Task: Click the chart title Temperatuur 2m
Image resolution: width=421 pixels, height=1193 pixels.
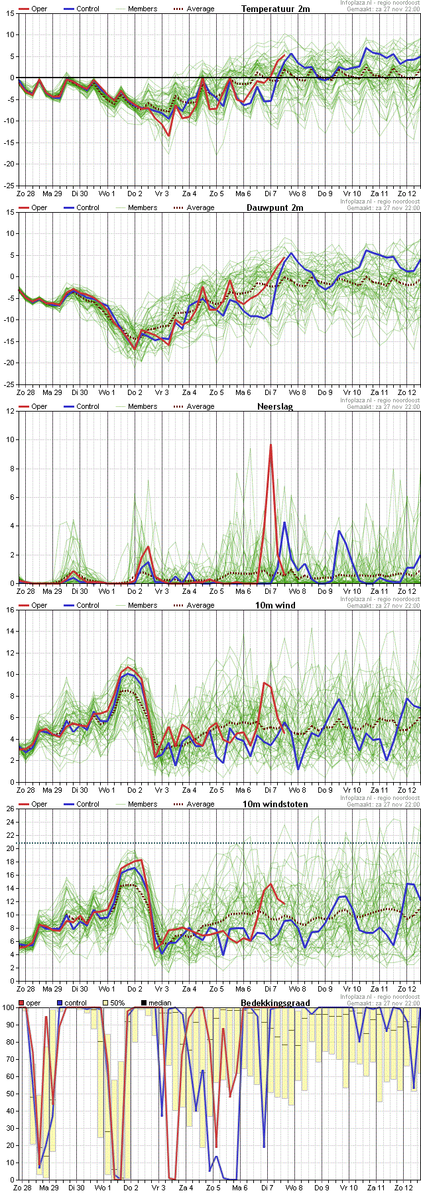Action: point(275,9)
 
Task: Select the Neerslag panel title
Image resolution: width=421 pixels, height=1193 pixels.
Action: point(275,406)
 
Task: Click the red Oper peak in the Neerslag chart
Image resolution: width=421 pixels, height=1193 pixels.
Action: point(271,445)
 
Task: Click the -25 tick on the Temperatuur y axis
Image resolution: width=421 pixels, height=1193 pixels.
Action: point(9,186)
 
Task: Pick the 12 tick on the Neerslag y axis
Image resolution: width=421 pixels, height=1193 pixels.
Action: point(10,411)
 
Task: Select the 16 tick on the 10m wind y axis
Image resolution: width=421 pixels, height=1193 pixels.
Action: point(10,610)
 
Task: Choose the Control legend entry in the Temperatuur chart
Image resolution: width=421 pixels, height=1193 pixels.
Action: point(88,9)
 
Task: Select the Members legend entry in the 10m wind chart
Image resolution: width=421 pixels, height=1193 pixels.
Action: point(143,605)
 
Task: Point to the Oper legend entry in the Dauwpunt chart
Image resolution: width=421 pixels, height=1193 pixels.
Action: point(39,207)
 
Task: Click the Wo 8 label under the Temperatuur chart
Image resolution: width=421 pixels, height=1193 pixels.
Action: point(298,194)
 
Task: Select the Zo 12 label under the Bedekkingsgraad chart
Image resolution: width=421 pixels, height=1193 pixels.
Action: point(404,1188)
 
